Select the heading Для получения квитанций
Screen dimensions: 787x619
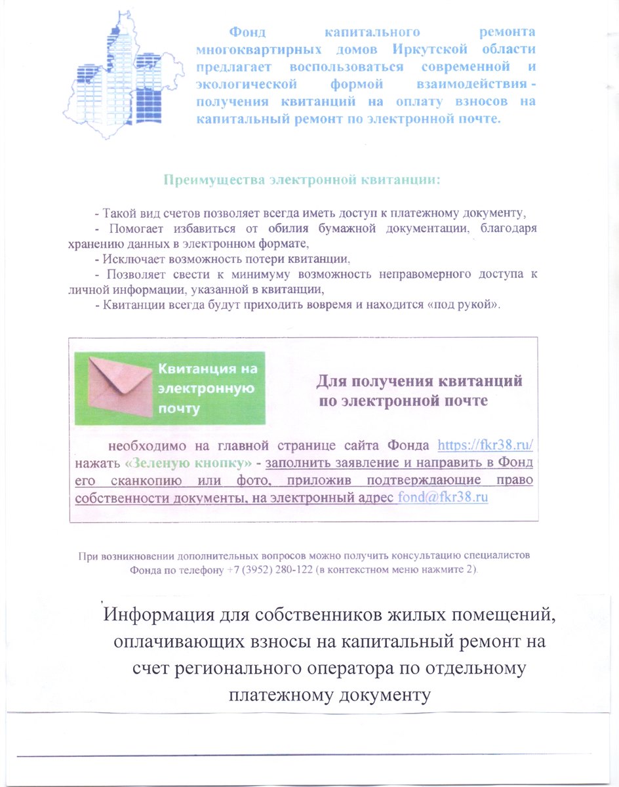[420, 381]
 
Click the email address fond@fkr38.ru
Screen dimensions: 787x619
[444, 497]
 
